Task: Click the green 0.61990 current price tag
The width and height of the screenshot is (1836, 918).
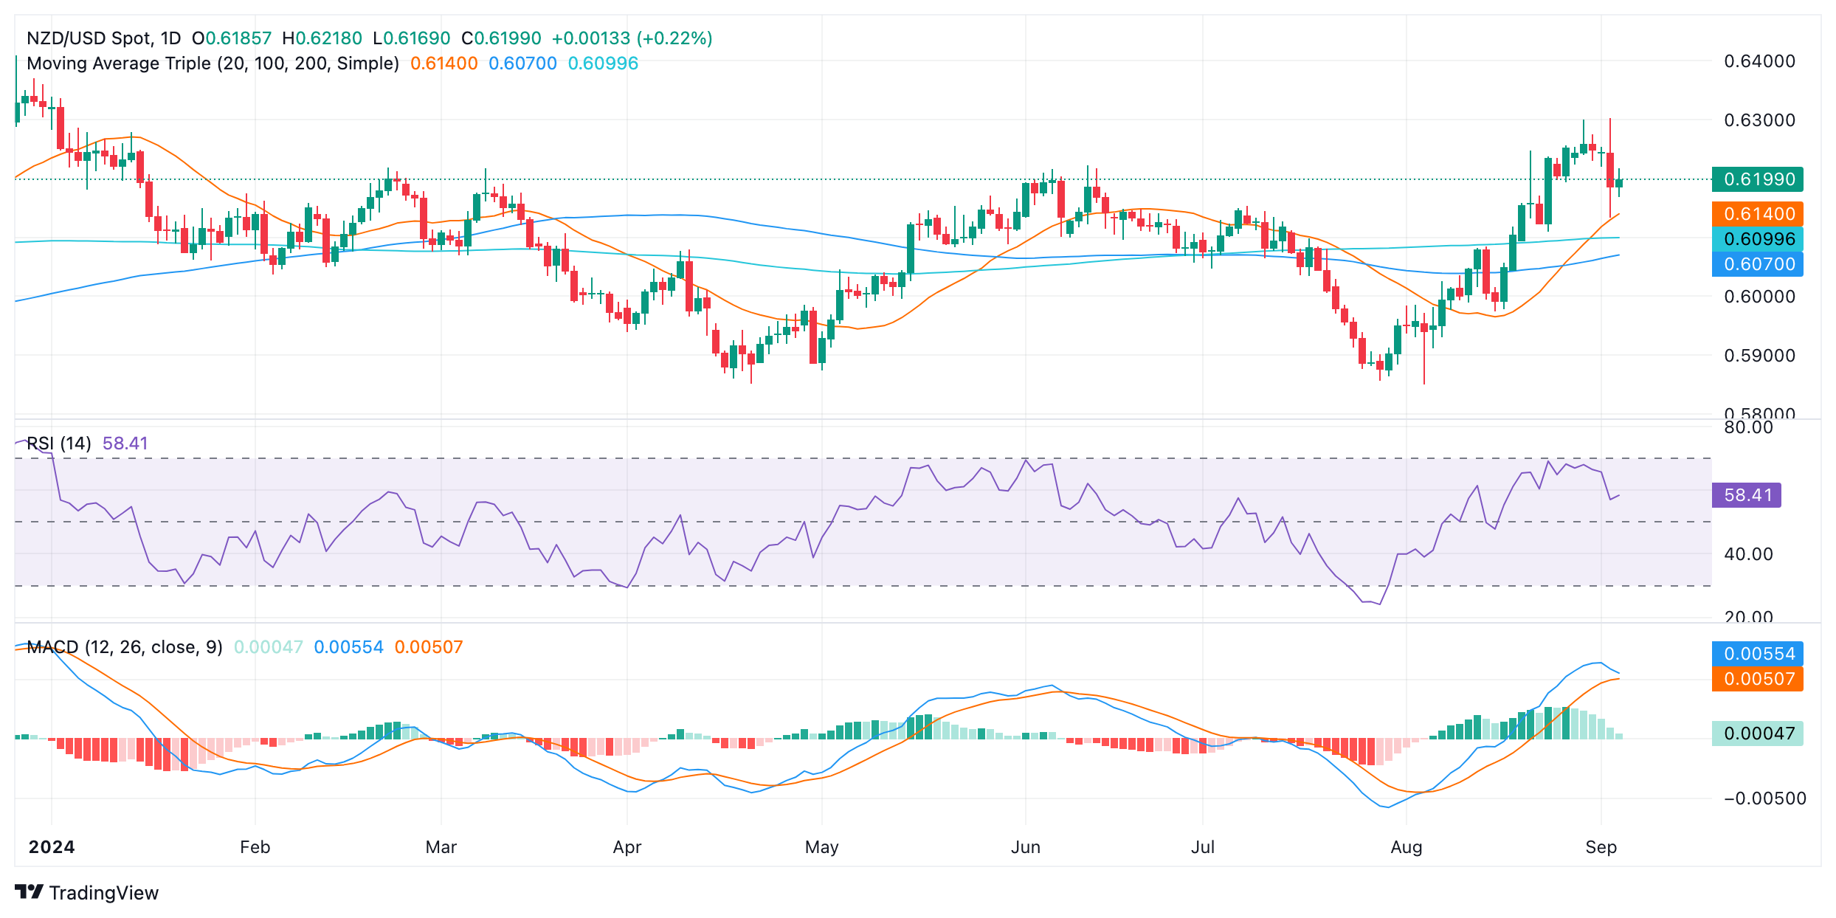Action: tap(1757, 179)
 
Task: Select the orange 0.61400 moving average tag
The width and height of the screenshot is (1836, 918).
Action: tap(1757, 214)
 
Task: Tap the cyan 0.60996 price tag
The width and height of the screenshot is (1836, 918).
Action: tap(1757, 239)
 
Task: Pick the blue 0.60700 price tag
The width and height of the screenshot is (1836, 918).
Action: tap(1757, 264)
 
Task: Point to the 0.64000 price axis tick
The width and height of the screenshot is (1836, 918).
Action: tap(1759, 61)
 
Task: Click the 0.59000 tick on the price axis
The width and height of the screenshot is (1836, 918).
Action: tap(1759, 356)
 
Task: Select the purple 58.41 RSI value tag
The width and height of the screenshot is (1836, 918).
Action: tap(1746, 495)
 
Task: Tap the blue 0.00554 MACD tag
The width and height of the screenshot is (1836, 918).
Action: tap(1757, 654)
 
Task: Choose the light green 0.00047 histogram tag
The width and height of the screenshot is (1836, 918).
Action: tap(1757, 734)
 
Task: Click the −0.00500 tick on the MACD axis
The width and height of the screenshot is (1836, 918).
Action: tap(1764, 798)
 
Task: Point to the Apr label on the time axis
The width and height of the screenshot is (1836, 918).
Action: tap(627, 847)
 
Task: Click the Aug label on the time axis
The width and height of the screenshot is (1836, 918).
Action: tap(1406, 847)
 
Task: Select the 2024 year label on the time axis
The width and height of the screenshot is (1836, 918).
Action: tap(52, 847)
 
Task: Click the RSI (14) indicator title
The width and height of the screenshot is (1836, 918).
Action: tap(59, 444)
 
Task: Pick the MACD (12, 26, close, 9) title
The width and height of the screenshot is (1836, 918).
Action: tap(124, 647)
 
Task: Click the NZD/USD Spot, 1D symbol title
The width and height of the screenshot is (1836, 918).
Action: tap(103, 38)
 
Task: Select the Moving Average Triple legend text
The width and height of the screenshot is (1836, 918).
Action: tap(213, 63)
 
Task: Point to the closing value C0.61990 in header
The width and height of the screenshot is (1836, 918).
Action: tap(501, 38)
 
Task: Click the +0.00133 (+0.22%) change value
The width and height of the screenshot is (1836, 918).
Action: tap(632, 38)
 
